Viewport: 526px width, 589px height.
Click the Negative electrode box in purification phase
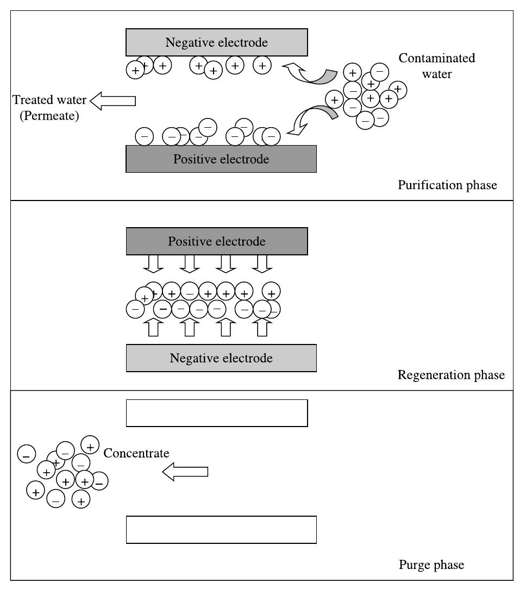point(217,42)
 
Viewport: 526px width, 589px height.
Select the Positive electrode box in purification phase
point(221,159)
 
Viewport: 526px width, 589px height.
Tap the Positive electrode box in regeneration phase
point(217,241)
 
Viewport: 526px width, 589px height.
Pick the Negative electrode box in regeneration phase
point(221,358)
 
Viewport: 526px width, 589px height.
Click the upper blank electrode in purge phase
point(217,413)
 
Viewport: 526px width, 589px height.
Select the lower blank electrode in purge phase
point(221,530)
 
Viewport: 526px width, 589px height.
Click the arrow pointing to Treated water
point(112,101)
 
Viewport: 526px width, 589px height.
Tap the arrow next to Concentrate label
point(185,472)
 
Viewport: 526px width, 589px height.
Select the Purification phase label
point(447,185)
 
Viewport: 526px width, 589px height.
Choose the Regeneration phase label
point(451,375)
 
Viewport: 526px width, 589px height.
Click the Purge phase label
point(431,565)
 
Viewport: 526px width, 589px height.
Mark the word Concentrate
point(136,453)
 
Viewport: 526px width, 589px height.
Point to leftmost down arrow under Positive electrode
point(154,263)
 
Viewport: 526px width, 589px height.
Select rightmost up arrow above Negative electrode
point(262,328)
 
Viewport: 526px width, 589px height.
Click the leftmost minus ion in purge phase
point(27,454)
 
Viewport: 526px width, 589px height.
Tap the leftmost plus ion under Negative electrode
point(135,70)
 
